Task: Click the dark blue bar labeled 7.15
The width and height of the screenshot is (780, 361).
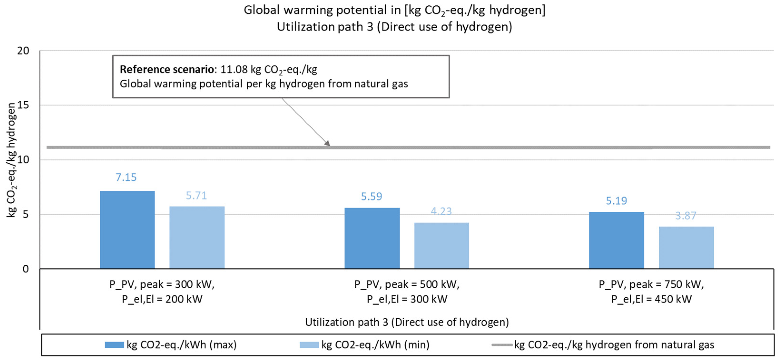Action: point(127,230)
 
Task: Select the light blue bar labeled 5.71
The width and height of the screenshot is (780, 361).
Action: point(197,237)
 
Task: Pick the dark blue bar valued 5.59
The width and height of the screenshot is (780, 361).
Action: point(372,238)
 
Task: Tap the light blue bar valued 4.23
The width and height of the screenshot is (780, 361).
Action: point(442,246)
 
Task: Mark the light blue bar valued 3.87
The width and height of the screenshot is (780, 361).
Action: point(686,247)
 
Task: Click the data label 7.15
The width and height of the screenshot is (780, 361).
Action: point(126,177)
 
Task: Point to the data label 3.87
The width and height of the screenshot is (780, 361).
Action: point(686,216)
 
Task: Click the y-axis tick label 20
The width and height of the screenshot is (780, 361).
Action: point(23,51)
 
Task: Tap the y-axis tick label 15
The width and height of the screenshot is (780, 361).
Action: point(23,105)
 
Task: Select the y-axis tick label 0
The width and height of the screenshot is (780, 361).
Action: point(26,269)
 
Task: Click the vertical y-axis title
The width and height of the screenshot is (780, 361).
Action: point(11,160)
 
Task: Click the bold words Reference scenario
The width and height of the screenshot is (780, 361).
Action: point(167,69)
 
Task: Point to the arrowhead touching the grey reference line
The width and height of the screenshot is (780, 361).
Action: point(327,143)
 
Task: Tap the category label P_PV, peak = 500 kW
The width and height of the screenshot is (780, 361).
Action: point(407,284)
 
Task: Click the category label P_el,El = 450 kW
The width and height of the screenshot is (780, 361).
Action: point(651,299)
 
